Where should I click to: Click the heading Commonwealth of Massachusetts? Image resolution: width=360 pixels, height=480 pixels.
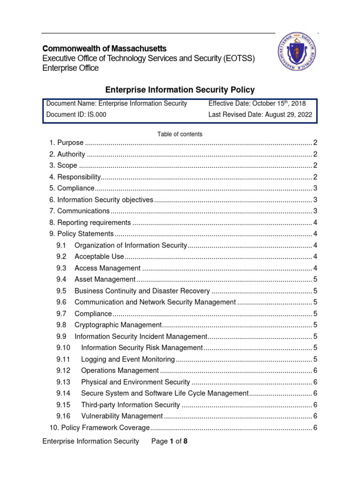pyautogui.click(x=104, y=49)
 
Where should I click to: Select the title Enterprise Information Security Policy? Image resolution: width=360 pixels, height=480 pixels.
pyautogui.click(x=180, y=90)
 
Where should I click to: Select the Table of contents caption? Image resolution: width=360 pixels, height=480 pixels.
pyautogui.click(x=180, y=134)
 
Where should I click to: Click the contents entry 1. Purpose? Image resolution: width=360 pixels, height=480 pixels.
pyautogui.click(x=67, y=143)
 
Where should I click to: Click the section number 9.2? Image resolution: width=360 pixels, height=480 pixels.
pyautogui.click(x=61, y=257)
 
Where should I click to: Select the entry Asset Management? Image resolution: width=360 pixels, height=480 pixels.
pyautogui.click(x=98, y=279)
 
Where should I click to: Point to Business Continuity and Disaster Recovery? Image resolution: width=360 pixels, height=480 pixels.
pyautogui.click(x=142, y=291)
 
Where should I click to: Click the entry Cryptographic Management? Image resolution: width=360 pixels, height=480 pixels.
pyautogui.click(x=118, y=325)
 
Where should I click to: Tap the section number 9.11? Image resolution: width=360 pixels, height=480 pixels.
pyautogui.click(x=63, y=360)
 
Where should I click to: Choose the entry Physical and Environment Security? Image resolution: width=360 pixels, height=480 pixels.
pyautogui.click(x=135, y=382)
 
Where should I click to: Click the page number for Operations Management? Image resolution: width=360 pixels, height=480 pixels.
pyautogui.click(x=315, y=371)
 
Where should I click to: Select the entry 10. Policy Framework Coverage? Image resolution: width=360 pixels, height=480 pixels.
pyautogui.click(x=99, y=427)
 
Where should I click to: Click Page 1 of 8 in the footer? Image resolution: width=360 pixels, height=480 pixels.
pyautogui.click(x=169, y=441)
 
